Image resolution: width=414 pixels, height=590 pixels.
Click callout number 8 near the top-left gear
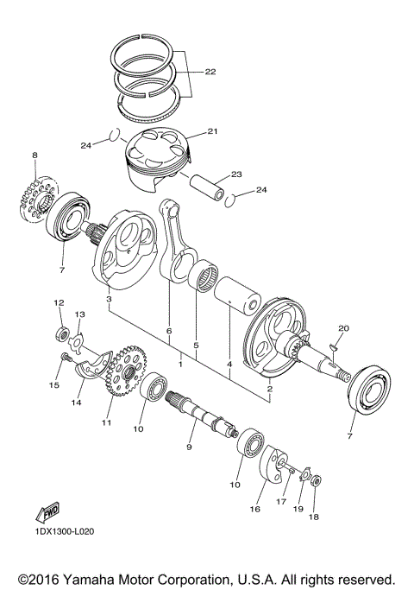click(x=35, y=155)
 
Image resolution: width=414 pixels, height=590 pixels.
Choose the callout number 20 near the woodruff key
click(x=343, y=328)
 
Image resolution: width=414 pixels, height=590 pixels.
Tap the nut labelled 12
click(x=61, y=333)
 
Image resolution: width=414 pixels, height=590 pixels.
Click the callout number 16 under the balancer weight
click(x=254, y=510)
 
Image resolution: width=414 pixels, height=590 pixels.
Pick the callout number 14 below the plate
click(x=76, y=402)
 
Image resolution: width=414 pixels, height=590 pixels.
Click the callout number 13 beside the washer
click(x=79, y=314)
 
